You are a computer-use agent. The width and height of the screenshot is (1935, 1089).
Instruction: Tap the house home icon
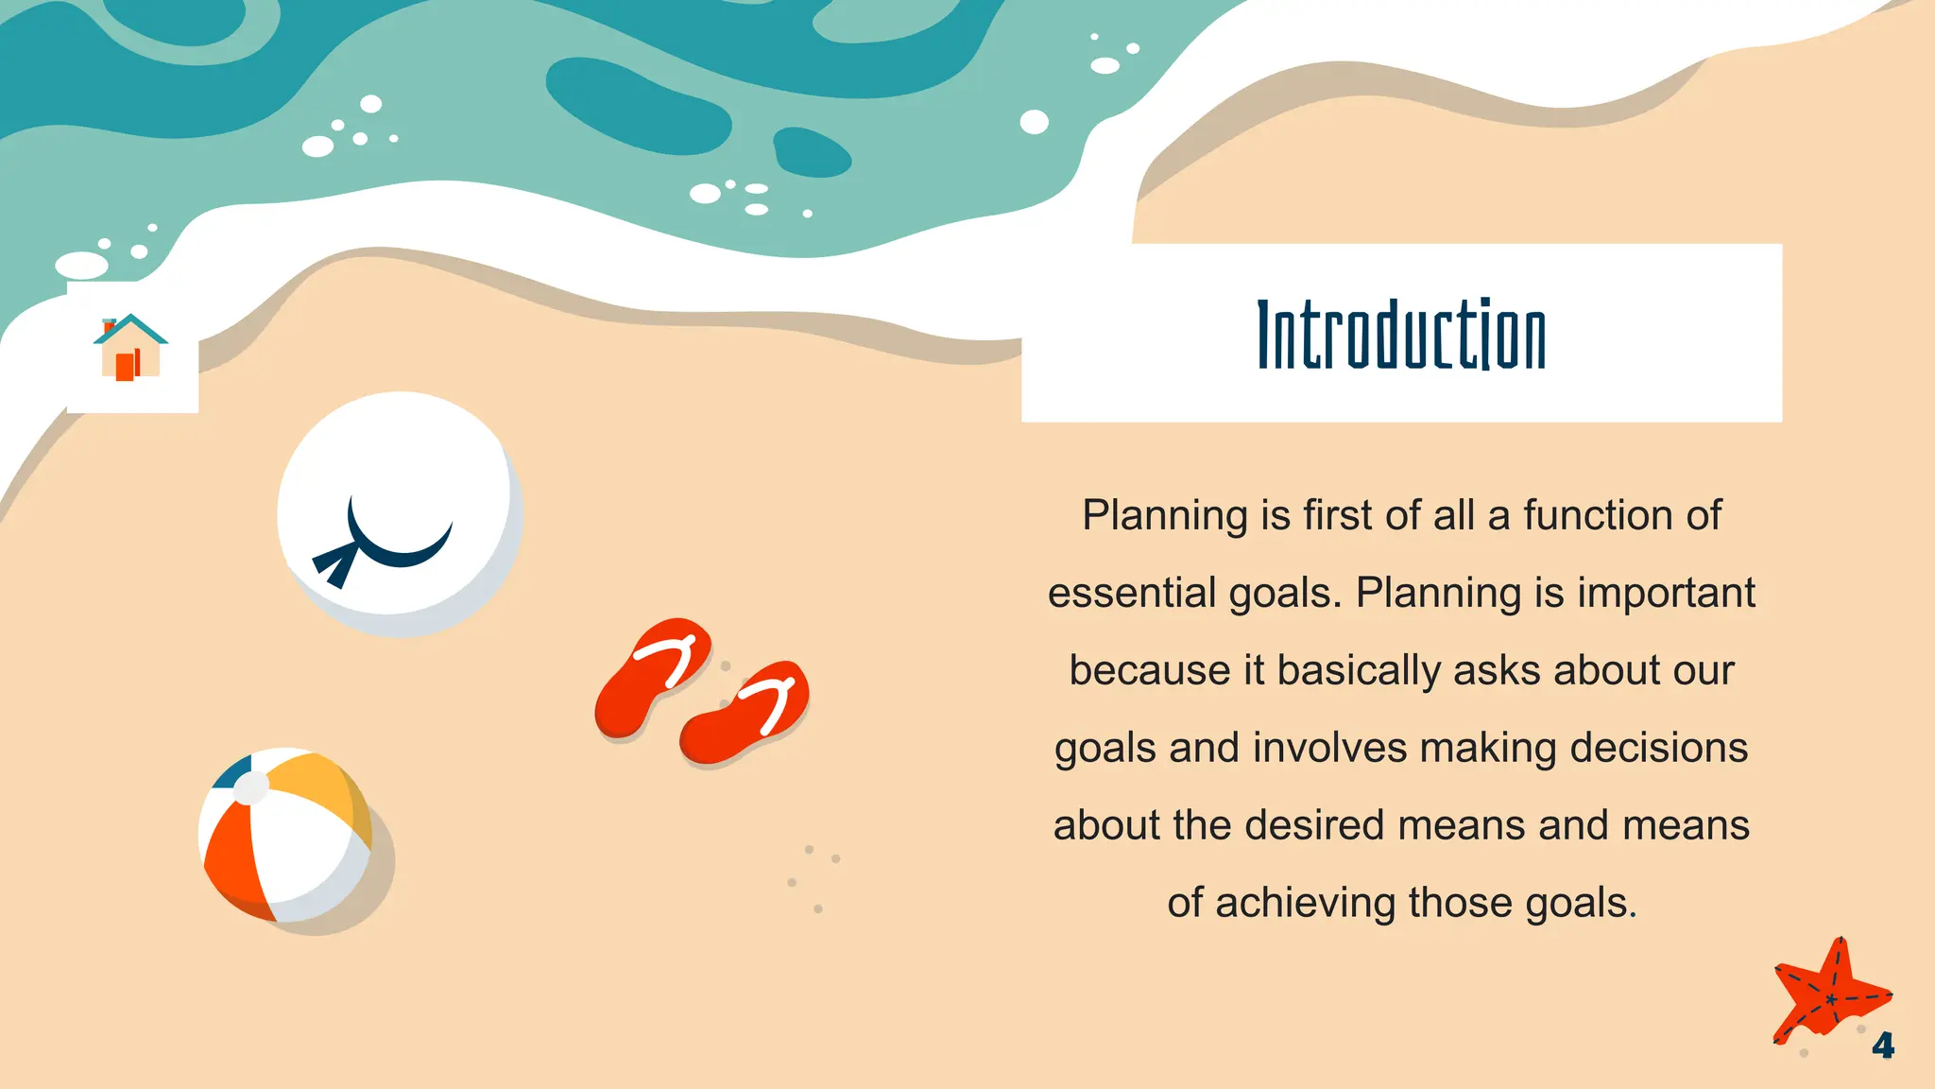tap(130, 348)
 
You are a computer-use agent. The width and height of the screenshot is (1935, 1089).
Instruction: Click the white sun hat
tap(399, 512)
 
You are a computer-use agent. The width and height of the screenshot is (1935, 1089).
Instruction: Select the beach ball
tap(285, 835)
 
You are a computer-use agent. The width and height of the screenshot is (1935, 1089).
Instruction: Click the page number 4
tap(1883, 1046)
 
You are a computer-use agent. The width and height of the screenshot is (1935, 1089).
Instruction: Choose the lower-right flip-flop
tap(745, 714)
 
